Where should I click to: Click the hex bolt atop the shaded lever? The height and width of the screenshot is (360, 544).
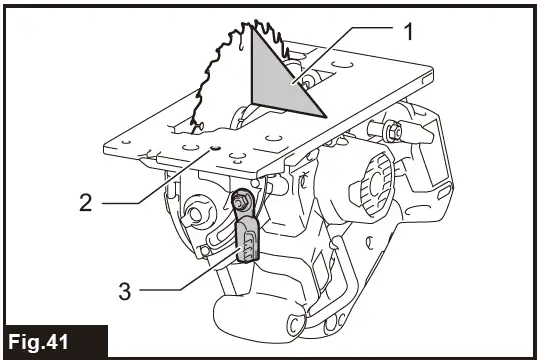(242, 202)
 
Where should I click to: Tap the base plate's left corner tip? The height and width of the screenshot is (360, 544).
(105, 148)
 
